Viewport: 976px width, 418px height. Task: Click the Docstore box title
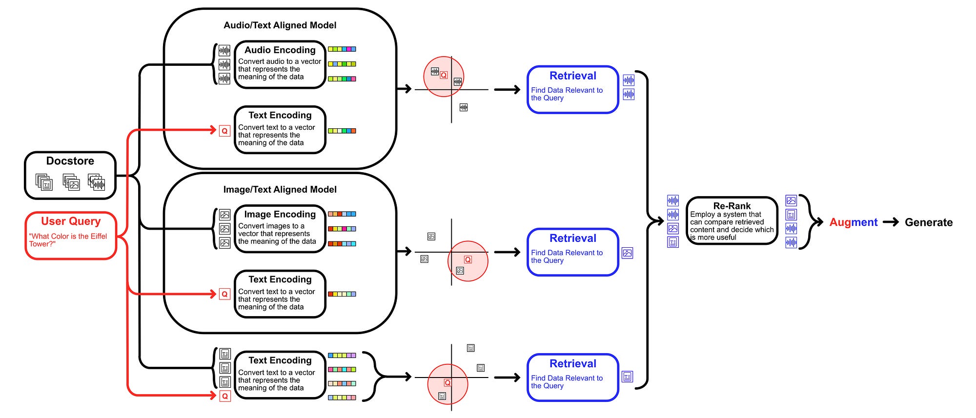pyautogui.click(x=70, y=161)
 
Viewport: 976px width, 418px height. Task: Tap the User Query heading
pyautogui.click(x=71, y=221)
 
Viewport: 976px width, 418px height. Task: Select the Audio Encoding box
pyautogui.click(x=280, y=64)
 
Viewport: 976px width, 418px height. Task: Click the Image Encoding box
pyautogui.click(x=280, y=229)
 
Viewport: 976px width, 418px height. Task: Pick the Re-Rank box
pyautogui.click(x=732, y=221)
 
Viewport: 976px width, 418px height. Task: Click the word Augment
pyautogui.click(x=853, y=222)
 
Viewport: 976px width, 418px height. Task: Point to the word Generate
pyautogui.click(x=928, y=222)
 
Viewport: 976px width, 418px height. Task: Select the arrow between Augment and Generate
pyautogui.click(x=891, y=222)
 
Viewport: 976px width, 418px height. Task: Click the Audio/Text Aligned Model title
pyautogui.click(x=280, y=25)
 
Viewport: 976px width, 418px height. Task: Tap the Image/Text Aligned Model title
pyautogui.click(x=280, y=190)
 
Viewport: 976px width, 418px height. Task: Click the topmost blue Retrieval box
pyautogui.click(x=573, y=90)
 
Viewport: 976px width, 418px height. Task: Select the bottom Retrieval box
pyautogui.click(x=573, y=378)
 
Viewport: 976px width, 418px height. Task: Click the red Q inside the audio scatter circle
pyautogui.click(x=444, y=75)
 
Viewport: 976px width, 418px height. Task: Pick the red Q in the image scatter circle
pyautogui.click(x=468, y=259)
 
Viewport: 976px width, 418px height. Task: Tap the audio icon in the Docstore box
pyautogui.click(x=97, y=182)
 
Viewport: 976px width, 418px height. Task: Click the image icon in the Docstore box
pyautogui.click(x=72, y=183)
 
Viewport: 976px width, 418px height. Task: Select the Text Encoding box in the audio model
pyautogui.click(x=280, y=130)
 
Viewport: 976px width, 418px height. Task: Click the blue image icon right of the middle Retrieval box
pyautogui.click(x=628, y=253)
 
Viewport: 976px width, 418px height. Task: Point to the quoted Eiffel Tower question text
pyautogui.click(x=68, y=240)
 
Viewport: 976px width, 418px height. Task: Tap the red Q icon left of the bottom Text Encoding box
pyautogui.click(x=224, y=396)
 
